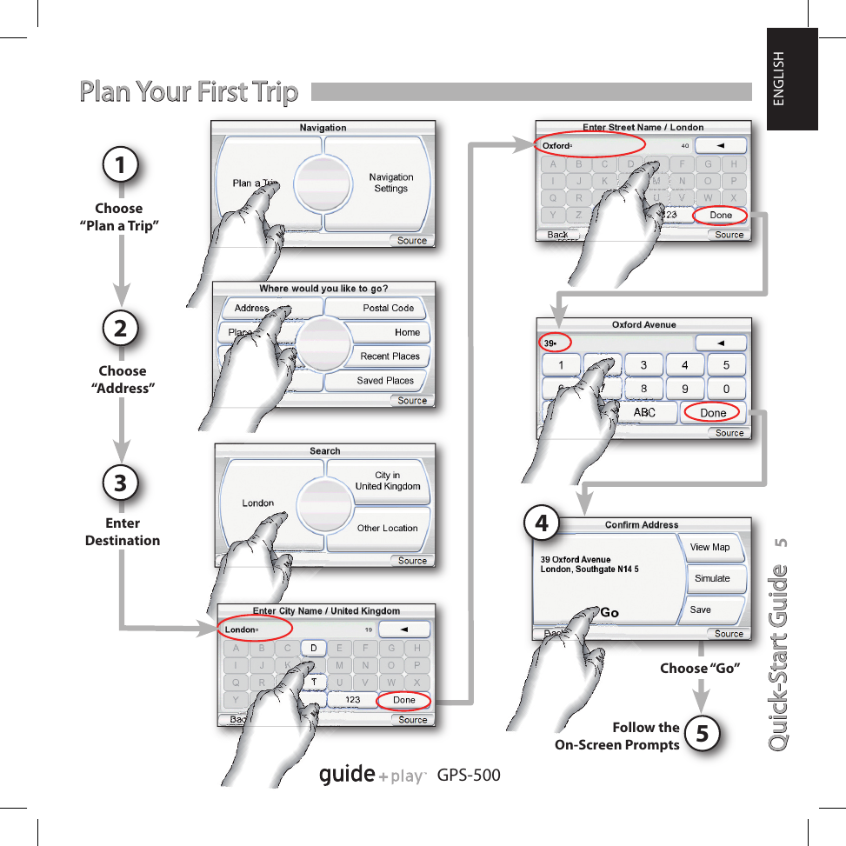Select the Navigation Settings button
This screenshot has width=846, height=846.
[x=390, y=183]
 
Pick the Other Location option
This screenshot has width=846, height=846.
[x=387, y=528]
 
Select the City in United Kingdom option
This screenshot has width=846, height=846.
[x=387, y=481]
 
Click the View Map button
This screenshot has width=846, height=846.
[x=710, y=547]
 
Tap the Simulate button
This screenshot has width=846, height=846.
[x=712, y=578]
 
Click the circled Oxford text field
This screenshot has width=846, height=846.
[x=589, y=145]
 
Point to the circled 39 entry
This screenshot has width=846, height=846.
[x=553, y=343]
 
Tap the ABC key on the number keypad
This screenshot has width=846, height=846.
[x=644, y=413]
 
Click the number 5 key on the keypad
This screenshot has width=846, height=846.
[x=727, y=365]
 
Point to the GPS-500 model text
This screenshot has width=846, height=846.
[x=470, y=775]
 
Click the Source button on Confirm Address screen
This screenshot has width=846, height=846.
[x=729, y=634]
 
